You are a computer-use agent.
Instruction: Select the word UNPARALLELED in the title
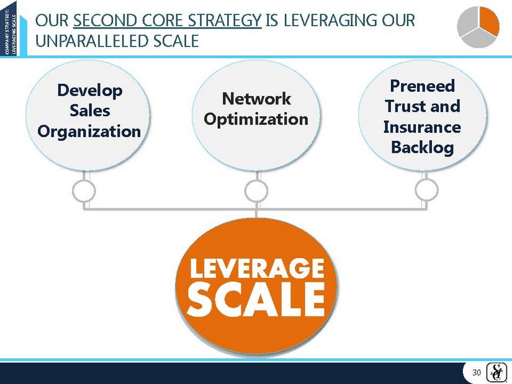[92, 41]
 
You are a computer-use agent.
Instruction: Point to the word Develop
[90, 91]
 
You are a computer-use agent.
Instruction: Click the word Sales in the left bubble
[90, 110]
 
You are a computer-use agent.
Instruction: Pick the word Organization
[89, 132]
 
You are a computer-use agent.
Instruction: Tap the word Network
[256, 99]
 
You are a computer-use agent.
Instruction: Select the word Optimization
[256, 119]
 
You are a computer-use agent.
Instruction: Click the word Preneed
[423, 86]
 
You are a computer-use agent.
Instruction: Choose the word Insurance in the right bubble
[422, 127]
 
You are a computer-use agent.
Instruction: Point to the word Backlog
[423, 147]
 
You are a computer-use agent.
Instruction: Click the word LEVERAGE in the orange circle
[257, 268]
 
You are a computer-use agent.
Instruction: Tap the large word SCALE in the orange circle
[256, 300]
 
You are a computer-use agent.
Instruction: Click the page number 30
[477, 373]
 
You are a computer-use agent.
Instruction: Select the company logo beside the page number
[496, 372]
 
